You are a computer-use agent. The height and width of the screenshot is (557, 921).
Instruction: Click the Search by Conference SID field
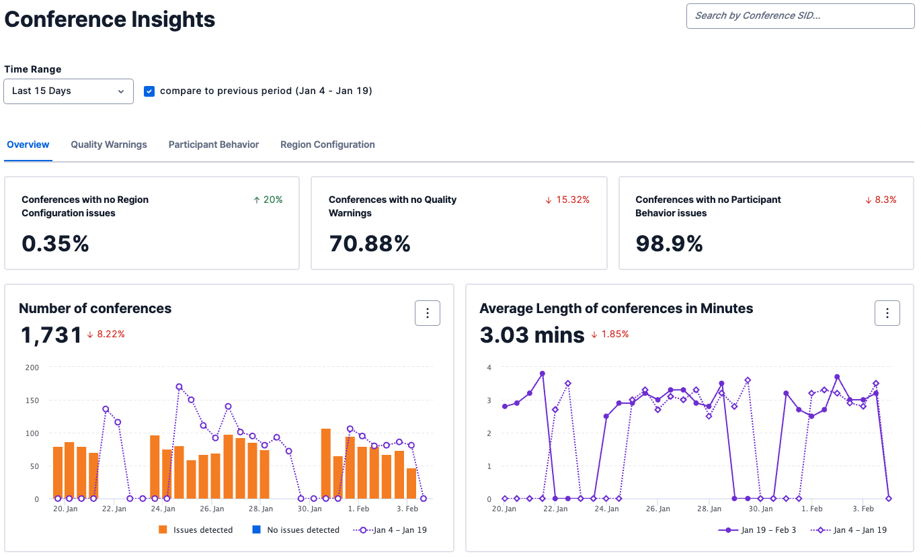pyautogui.click(x=799, y=15)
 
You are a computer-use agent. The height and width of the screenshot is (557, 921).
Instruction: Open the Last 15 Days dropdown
pyautogui.click(x=68, y=91)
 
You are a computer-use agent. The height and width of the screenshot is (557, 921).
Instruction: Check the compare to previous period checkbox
pyautogui.click(x=149, y=91)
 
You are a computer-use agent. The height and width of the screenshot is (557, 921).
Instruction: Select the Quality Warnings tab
pyautogui.click(x=109, y=144)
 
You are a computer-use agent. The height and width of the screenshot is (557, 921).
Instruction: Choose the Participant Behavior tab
pyautogui.click(x=213, y=144)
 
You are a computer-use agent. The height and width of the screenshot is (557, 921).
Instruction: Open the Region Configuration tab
pyautogui.click(x=327, y=144)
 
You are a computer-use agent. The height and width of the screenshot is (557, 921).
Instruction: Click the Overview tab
pyautogui.click(x=28, y=144)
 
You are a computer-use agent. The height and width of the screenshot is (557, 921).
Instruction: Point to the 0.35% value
pyautogui.click(x=55, y=243)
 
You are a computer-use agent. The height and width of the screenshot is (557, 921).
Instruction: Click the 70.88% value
pyautogui.click(x=369, y=243)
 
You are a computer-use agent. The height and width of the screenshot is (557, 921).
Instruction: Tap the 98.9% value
pyautogui.click(x=669, y=243)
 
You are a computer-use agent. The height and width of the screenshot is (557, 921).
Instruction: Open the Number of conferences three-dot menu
pyautogui.click(x=428, y=313)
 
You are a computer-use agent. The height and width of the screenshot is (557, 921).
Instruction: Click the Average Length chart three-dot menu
pyautogui.click(x=887, y=313)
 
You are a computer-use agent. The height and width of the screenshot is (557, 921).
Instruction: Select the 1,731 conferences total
pyautogui.click(x=51, y=335)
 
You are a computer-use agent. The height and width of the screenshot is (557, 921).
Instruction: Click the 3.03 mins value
pyautogui.click(x=532, y=335)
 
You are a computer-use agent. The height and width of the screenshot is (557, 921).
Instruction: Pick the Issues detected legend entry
pyautogui.click(x=196, y=530)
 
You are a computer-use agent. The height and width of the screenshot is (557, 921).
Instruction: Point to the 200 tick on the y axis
pyautogui.click(x=32, y=368)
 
